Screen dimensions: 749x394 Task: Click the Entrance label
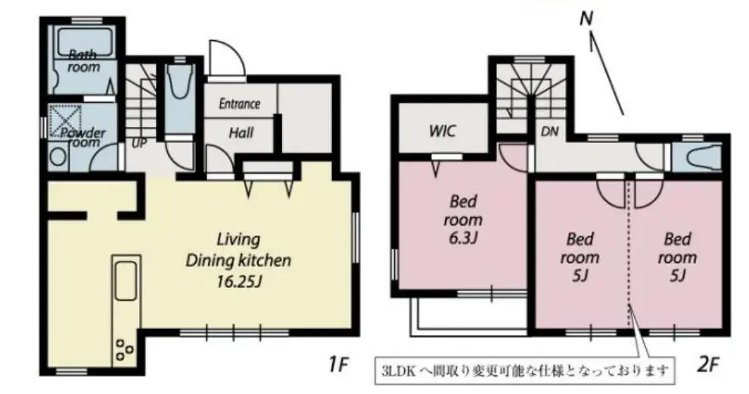click(x=239, y=104)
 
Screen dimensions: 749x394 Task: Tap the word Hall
click(x=241, y=132)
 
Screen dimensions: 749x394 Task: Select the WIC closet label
click(x=443, y=131)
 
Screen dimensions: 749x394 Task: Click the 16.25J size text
click(x=239, y=282)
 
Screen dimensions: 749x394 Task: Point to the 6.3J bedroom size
click(x=463, y=237)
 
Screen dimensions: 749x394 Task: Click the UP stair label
click(x=139, y=143)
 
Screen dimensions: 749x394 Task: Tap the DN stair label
click(x=550, y=132)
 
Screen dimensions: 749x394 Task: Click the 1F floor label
click(x=339, y=365)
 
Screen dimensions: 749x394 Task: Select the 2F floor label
click(x=708, y=365)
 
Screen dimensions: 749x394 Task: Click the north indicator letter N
click(x=586, y=19)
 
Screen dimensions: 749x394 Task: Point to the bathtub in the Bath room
click(x=84, y=42)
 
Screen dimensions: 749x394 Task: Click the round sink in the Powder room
click(x=57, y=157)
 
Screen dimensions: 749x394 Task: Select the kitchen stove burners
click(x=124, y=349)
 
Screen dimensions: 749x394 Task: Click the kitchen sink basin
click(x=126, y=281)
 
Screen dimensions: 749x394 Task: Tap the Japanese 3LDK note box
click(x=526, y=370)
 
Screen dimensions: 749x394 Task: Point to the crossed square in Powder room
click(x=65, y=120)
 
